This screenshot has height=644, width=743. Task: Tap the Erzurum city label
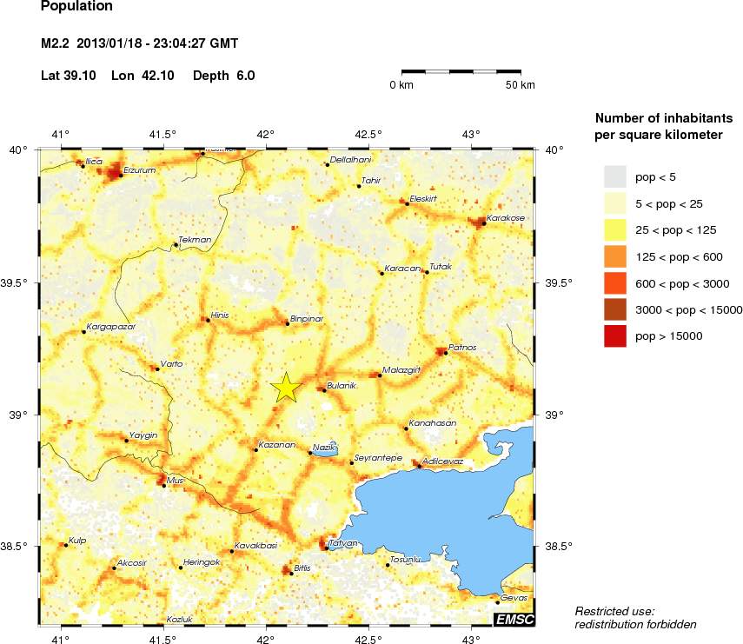[x=139, y=170]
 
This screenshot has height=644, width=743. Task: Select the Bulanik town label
[x=342, y=386]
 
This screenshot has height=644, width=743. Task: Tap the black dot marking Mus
[x=164, y=486]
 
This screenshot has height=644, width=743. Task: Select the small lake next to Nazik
[x=326, y=452]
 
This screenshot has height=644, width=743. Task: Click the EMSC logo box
[x=514, y=619]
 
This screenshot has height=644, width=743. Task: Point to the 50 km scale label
[x=521, y=84]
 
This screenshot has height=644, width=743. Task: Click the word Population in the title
[x=77, y=7]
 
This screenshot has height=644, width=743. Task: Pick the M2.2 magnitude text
[x=58, y=43]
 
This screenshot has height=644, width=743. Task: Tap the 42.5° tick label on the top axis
[x=368, y=134]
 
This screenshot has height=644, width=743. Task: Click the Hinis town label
[x=220, y=315]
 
